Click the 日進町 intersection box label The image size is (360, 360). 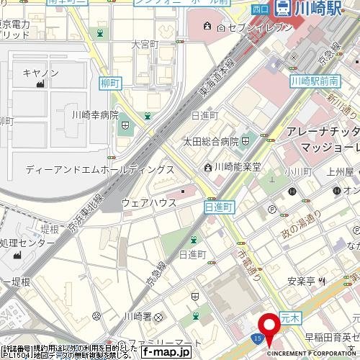coord(220,207)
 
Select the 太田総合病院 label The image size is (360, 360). coord(210,142)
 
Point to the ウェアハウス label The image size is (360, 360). coord(150,203)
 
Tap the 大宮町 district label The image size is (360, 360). coord(144,45)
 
